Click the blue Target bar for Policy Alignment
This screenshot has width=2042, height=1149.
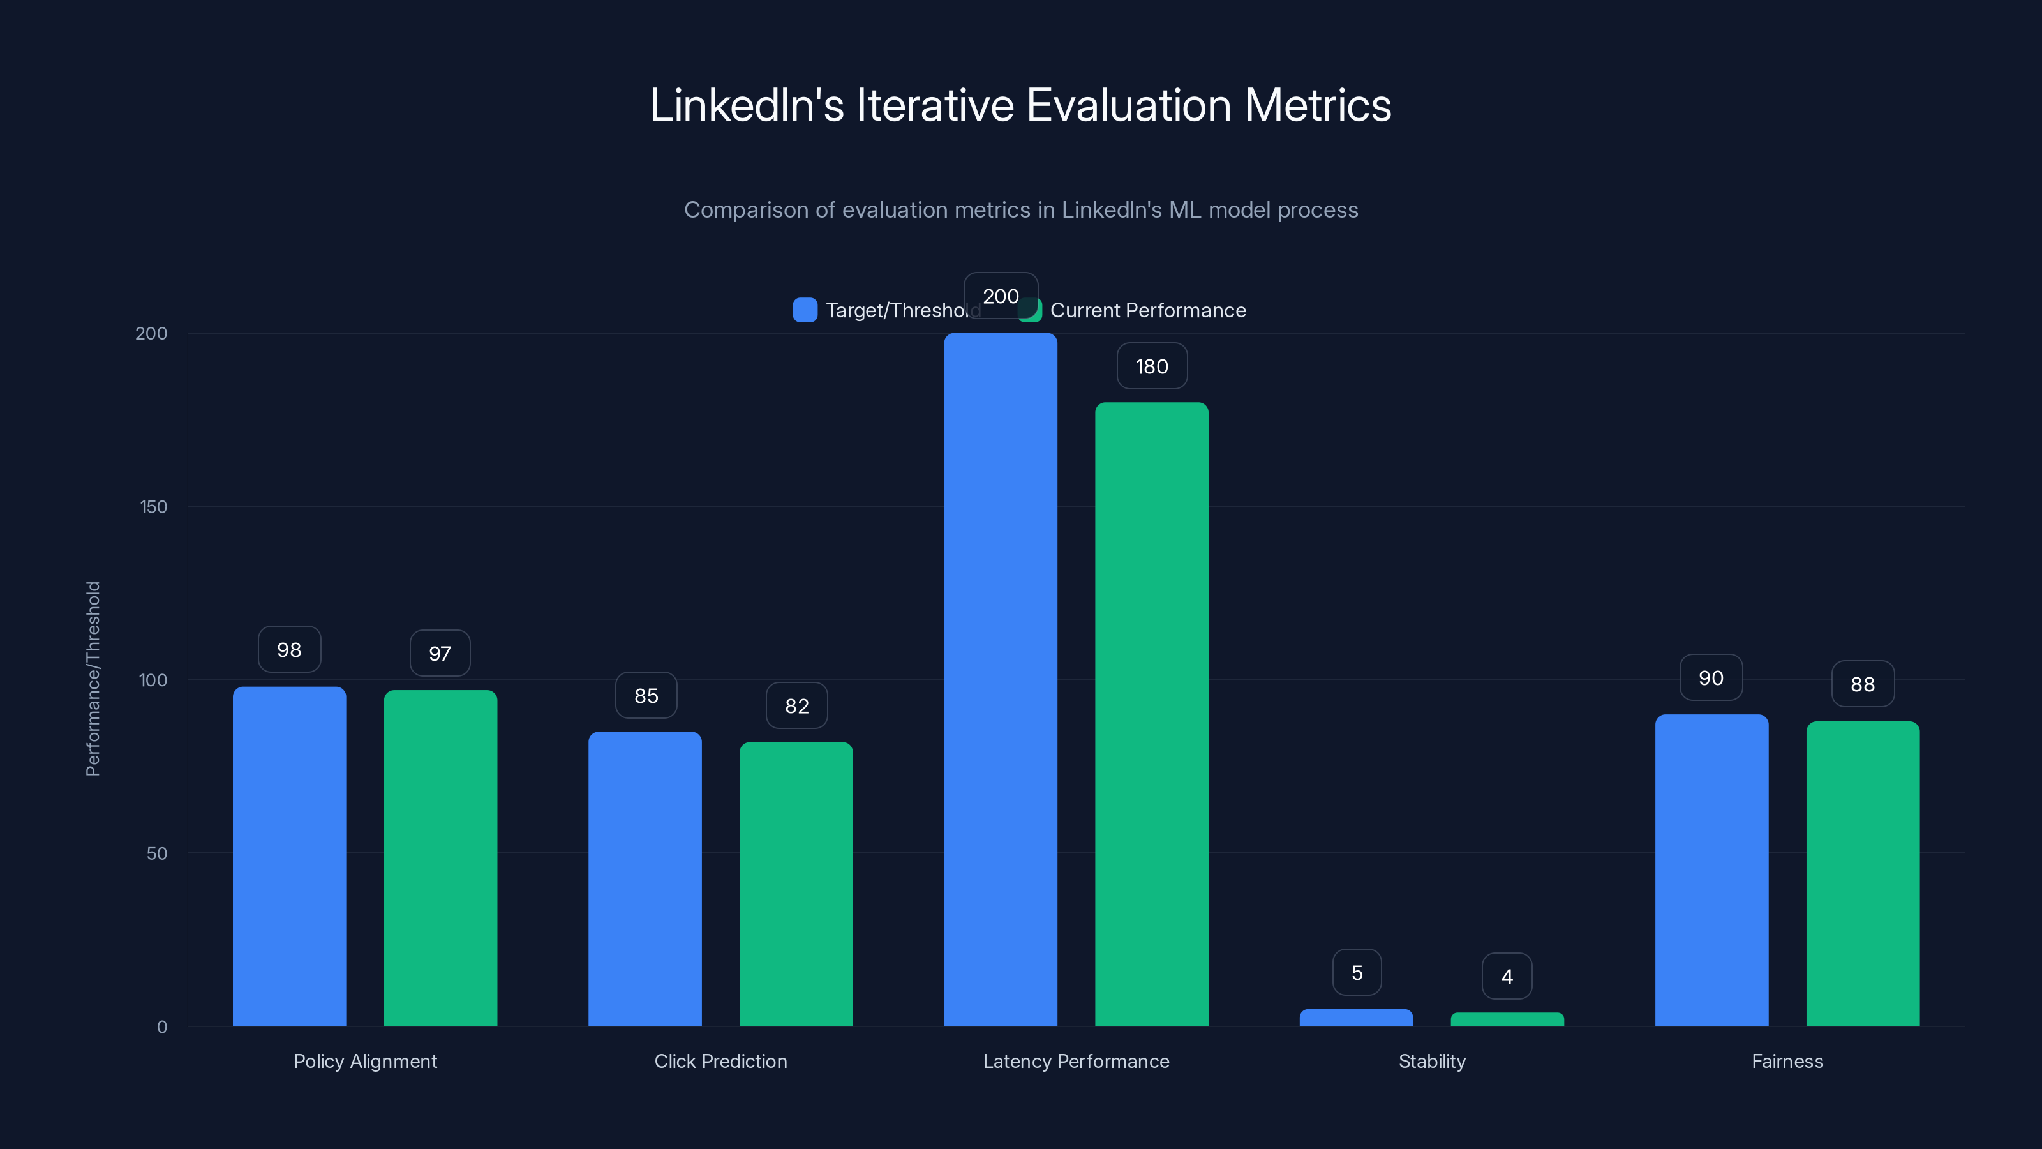[x=289, y=857]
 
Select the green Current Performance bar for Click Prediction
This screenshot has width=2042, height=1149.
[x=796, y=884]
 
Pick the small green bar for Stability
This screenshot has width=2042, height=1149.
[x=1507, y=1019]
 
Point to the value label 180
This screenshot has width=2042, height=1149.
[x=1152, y=366]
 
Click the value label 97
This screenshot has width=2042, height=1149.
[x=440, y=654]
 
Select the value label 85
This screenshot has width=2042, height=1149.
[x=646, y=695]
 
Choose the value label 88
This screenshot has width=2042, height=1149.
[x=1863, y=684]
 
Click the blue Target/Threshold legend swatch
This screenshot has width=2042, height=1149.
[x=805, y=310]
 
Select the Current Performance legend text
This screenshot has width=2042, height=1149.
[x=1148, y=311]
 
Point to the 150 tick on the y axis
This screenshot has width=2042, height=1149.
[x=154, y=507]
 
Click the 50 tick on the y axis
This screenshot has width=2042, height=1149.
[x=157, y=853]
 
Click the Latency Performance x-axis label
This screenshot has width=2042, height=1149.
[x=1076, y=1061]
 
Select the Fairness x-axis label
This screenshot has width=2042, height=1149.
[x=1787, y=1061]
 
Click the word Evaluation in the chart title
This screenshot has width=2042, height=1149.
[x=1129, y=105]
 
